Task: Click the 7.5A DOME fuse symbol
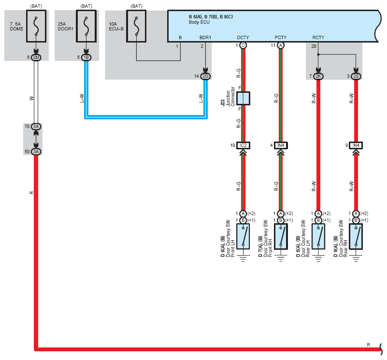pos(36,23)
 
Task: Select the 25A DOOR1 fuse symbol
pos(86,23)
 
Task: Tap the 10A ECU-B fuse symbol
pos(136,23)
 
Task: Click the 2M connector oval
pos(37,58)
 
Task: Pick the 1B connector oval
pos(86,58)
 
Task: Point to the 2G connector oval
pos(206,76)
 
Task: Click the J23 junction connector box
pos(244,99)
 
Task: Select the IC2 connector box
pos(243,145)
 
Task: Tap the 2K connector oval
pos(318,76)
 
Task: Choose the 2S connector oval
pos(356,76)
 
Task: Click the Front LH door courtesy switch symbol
pos(243,236)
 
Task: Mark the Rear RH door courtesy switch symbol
pos(356,236)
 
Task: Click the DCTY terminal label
pos(243,37)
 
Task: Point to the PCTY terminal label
pos(281,37)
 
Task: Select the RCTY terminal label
pos(318,37)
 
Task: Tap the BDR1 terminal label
pos(205,37)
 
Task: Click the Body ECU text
pos(199,22)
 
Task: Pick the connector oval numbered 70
pos(37,126)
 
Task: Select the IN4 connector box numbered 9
pos(356,145)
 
